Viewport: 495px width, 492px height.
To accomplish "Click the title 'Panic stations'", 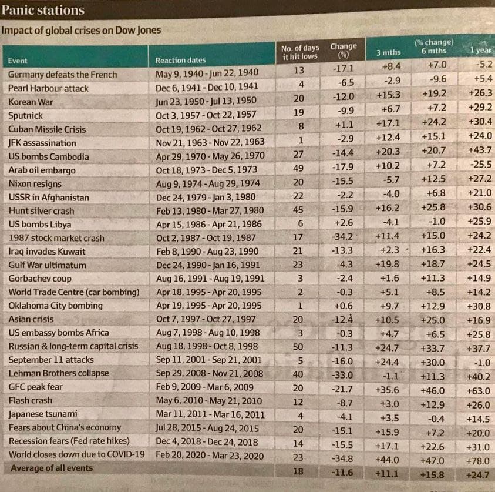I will (x=43, y=10).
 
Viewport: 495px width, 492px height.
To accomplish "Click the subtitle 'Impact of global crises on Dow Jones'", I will (x=81, y=30).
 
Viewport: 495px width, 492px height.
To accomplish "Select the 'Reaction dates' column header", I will (x=180, y=61).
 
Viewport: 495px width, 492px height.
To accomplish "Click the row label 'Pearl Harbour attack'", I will (x=49, y=88).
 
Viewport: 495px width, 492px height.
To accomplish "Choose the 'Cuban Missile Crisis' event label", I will (x=47, y=129).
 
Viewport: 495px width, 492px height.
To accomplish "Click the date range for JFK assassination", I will (x=210, y=142).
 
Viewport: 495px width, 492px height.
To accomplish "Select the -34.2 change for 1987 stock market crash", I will (x=342, y=237).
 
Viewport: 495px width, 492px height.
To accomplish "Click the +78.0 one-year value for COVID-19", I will (x=480, y=461).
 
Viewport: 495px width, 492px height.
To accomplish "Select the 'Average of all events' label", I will (x=51, y=468).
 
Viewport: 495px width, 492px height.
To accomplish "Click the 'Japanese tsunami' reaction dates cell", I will (x=210, y=414).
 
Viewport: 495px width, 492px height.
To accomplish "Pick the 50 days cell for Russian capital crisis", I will (x=298, y=347).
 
